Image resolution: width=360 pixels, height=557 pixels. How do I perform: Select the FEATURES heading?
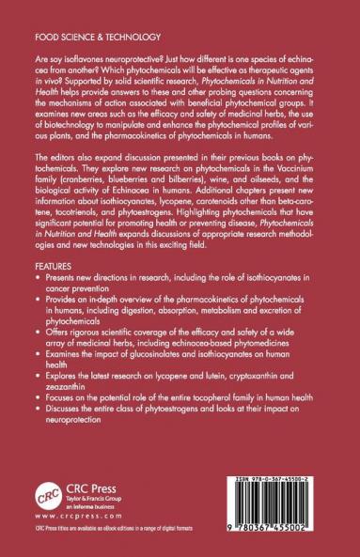(x=67, y=292)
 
